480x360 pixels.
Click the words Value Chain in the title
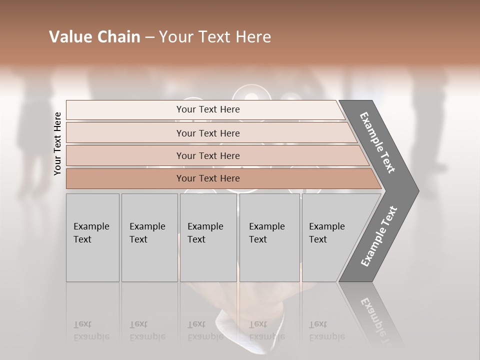(94, 37)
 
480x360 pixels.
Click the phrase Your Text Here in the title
(215, 37)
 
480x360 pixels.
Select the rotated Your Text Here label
(57, 143)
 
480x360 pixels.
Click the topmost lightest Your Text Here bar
(208, 109)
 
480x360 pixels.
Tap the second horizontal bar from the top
(208, 133)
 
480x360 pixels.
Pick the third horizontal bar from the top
(208, 155)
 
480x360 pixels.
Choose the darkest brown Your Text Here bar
(208, 178)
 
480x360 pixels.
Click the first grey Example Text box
(92, 237)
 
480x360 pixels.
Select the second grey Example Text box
(149, 237)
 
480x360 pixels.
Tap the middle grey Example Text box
(208, 237)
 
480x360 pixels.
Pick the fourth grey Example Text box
(269, 237)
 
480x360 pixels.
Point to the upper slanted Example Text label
(377, 142)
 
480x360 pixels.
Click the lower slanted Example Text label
(378, 236)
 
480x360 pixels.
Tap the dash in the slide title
(149, 37)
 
